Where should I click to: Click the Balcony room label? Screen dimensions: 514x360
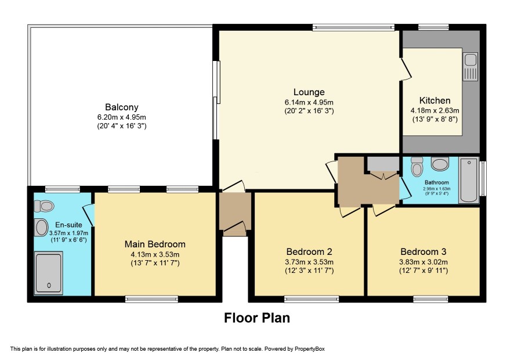pos(122,107)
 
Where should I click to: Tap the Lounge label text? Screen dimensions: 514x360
pos(309,92)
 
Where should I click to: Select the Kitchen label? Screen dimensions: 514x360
pos(435,100)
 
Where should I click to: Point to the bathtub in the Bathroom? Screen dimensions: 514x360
pos(469,180)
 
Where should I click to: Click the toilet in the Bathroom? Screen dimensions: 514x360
pos(417,167)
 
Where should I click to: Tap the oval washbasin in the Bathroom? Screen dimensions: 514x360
pos(440,164)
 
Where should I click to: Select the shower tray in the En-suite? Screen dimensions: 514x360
pos(49,273)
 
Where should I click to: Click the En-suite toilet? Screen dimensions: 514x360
pos(44,206)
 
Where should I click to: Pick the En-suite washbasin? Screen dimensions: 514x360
pos(42,228)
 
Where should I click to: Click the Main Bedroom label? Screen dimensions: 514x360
pos(155,244)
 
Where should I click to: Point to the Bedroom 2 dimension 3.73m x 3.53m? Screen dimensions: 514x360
pos(310,262)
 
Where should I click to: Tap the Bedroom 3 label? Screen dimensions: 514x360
pos(423,251)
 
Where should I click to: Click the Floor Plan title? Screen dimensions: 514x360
pos(257,318)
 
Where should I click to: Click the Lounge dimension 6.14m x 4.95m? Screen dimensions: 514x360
pos(309,102)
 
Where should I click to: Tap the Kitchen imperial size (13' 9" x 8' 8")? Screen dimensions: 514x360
pos(435,120)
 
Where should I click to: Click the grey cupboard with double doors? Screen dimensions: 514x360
pos(382,164)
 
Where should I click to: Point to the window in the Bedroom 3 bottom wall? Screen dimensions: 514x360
pos(430,299)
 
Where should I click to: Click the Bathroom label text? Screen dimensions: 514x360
pos(437,182)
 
